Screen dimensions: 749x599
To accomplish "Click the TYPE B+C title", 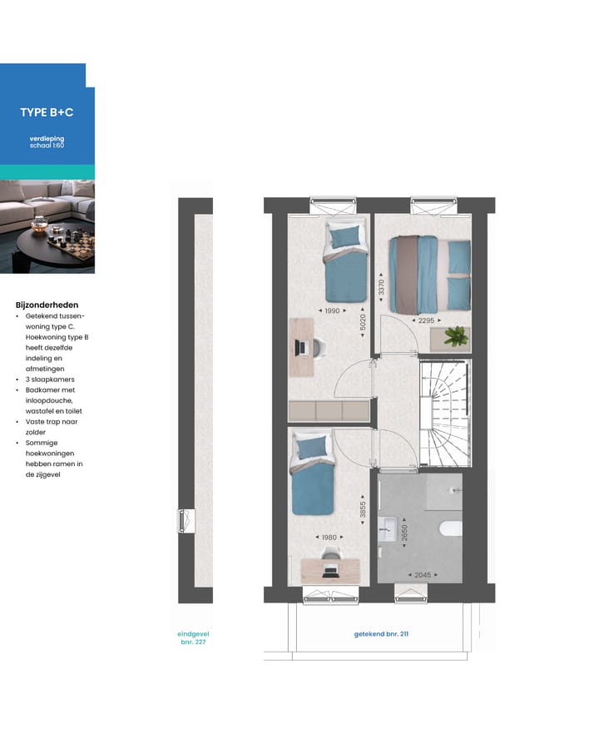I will [x=47, y=112].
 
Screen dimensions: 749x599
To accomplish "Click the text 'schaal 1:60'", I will [x=47, y=146].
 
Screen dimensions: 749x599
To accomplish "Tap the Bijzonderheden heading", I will [x=47, y=305].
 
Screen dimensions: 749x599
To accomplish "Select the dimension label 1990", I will [x=332, y=310].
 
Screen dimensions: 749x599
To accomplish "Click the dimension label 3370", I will [x=382, y=288].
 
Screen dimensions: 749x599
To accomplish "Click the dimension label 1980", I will [x=330, y=537].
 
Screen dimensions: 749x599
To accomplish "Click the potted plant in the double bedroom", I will [x=455, y=337].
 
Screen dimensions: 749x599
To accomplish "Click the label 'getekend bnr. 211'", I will [x=381, y=634].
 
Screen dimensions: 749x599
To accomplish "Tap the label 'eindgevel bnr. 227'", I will [x=192, y=637].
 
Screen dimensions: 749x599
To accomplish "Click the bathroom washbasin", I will [x=388, y=527].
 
